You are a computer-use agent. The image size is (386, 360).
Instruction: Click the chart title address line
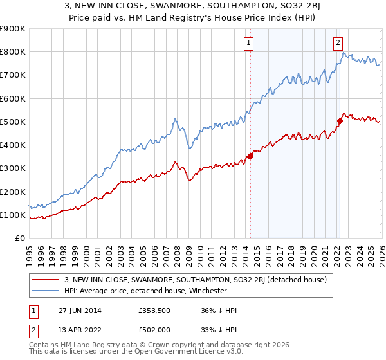192,6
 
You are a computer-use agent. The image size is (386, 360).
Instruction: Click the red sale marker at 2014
250,155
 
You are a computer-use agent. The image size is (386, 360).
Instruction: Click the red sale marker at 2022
339,120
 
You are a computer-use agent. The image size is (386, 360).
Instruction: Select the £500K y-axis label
13,122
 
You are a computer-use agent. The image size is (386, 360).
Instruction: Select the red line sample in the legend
45,280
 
